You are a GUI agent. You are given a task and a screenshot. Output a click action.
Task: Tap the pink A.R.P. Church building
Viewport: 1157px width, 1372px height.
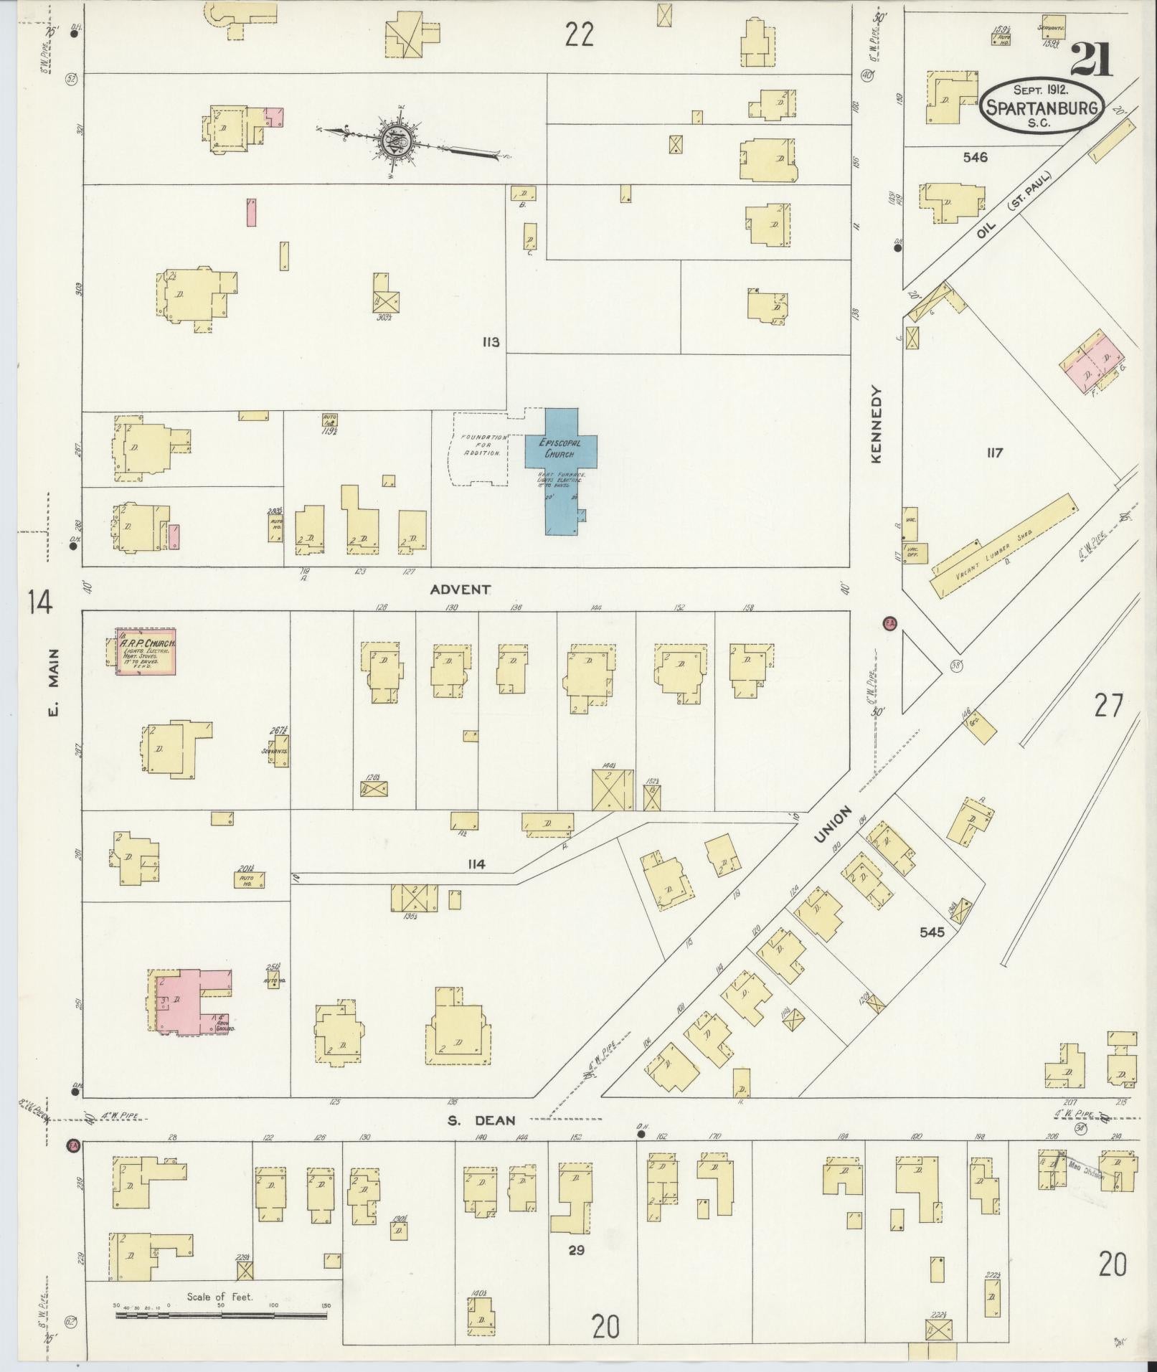(x=147, y=652)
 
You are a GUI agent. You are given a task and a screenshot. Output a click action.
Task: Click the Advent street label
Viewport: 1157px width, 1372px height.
(x=461, y=590)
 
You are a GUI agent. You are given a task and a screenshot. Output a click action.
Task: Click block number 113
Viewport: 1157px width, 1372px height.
(x=491, y=342)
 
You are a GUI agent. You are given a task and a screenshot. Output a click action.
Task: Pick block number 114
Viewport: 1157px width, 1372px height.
(x=476, y=864)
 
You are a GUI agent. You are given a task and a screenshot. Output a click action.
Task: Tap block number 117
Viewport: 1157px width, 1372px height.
(x=993, y=453)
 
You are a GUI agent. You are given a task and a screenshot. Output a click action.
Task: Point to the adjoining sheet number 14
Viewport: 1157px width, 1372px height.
(x=40, y=601)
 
